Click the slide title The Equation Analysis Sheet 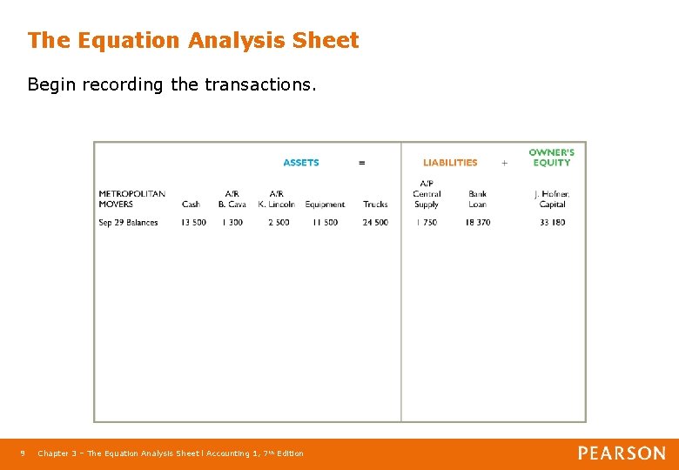[x=192, y=40]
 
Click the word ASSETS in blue [x=301, y=163]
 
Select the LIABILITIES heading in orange [x=450, y=163]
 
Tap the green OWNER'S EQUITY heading [x=551, y=158]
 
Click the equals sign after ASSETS [x=362, y=163]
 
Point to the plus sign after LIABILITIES [x=504, y=163]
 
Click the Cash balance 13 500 [x=193, y=223]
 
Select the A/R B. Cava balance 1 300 [x=232, y=223]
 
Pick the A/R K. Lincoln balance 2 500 [x=278, y=223]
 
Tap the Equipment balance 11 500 [x=325, y=223]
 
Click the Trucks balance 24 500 [x=375, y=223]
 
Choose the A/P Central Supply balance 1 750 [x=426, y=223]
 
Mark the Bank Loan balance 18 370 [x=477, y=223]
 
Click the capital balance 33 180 [x=552, y=223]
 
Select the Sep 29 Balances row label [x=128, y=223]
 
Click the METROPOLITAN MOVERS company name [x=131, y=199]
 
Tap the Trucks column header [x=375, y=205]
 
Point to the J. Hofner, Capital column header [x=552, y=199]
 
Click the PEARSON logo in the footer [x=622, y=453]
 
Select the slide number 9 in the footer [x=23, y=453]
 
